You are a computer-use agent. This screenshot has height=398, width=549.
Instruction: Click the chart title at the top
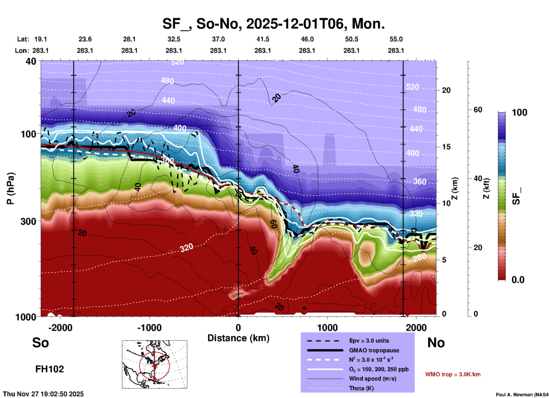274,23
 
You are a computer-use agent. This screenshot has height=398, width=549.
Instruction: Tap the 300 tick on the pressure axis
29,221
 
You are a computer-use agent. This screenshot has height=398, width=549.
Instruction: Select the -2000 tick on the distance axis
60,327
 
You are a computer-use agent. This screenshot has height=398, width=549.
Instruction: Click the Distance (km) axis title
238,338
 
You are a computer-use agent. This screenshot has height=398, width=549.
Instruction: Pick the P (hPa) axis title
11,188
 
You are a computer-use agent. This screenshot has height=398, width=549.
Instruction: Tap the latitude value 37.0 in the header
218,39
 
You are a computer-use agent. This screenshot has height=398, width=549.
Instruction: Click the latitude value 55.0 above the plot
396,39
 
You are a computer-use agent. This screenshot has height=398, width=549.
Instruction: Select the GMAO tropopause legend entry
374,350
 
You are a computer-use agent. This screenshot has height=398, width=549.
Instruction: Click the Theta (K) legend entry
361,388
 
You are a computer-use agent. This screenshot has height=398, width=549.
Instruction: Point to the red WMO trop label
453,374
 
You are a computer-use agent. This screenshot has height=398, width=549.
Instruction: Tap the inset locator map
154,364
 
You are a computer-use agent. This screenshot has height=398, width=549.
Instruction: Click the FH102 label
50,369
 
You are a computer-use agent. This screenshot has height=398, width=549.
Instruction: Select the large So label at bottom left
40,343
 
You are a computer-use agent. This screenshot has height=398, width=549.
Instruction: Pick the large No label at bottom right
436,343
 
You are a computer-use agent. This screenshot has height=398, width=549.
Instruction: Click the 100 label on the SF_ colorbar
519,112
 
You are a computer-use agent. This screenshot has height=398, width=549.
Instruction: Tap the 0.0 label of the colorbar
518,280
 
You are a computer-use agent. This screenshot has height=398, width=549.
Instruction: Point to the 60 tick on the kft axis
478,110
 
